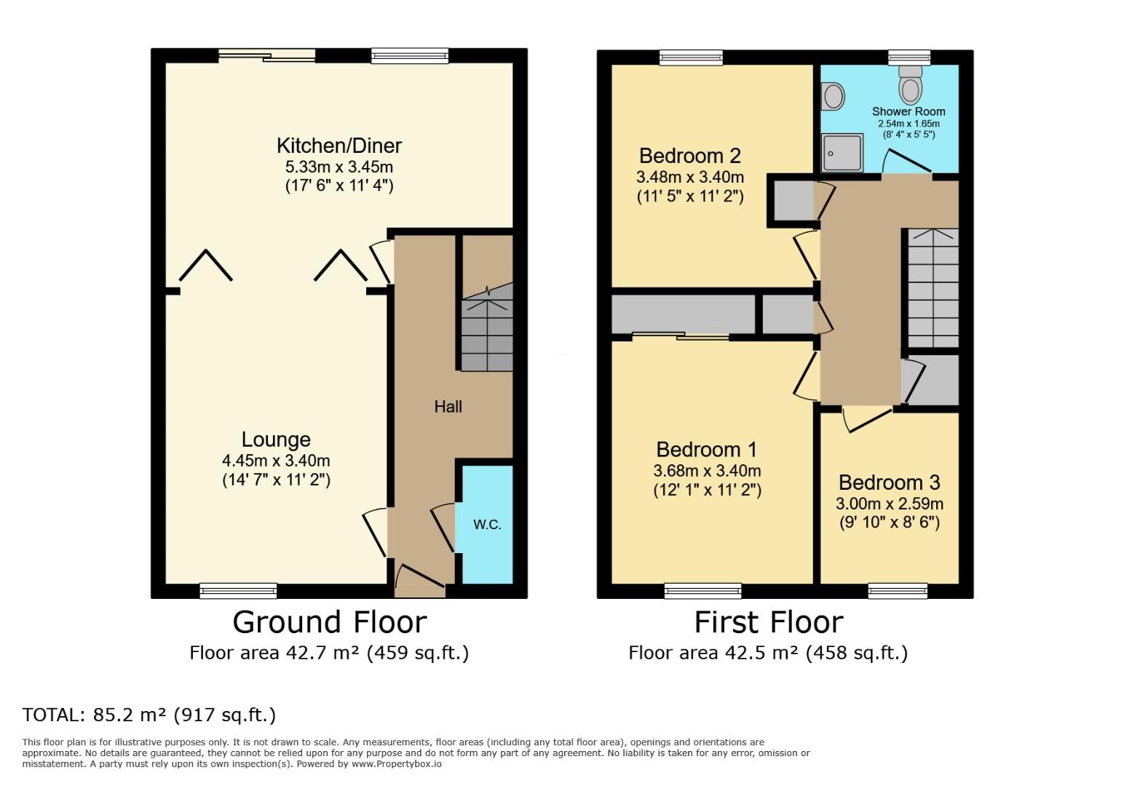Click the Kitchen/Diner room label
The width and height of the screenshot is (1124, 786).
339,146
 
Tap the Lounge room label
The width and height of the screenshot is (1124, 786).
276,440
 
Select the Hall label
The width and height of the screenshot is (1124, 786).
448,407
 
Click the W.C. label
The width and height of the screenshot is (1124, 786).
487,524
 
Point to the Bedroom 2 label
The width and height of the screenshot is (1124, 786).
689,156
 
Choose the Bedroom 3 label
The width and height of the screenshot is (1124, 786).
889,483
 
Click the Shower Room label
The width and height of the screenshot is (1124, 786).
908,111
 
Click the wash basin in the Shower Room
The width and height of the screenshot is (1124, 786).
832,95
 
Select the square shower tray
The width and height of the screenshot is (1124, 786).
842,153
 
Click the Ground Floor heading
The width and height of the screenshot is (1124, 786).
329,622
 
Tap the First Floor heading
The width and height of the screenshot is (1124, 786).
768,622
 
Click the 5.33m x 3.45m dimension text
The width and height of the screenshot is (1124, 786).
339,167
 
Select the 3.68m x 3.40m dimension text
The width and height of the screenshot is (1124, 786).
707,471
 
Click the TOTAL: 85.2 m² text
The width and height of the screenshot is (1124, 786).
149,715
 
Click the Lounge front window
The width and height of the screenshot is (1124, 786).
238,590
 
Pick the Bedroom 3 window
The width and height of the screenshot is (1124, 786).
898,590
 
